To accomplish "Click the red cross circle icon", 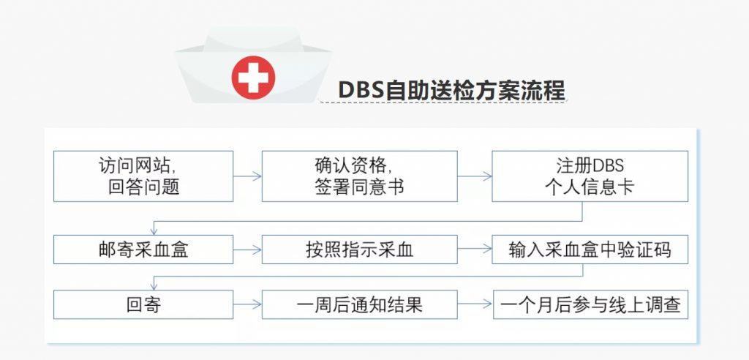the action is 253,78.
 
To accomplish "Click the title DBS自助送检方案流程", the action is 452,90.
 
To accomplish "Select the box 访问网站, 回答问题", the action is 143,176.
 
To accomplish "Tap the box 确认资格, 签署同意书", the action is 360,176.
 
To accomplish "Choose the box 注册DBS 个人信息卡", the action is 590,176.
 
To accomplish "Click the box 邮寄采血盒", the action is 143,250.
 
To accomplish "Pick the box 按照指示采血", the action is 360,250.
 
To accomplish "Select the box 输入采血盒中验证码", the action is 590,250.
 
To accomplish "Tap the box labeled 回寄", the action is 143,304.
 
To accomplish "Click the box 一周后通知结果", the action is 360,304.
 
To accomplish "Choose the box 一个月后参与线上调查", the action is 590,304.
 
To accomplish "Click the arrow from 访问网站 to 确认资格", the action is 247,176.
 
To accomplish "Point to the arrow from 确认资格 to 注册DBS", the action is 475,176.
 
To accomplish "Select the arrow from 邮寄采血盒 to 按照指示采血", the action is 247,250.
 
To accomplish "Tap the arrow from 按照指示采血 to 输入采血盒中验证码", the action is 475,250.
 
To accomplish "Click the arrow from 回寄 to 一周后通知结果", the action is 247,304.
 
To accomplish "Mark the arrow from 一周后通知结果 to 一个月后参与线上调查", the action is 475,304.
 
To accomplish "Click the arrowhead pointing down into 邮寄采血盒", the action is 154,230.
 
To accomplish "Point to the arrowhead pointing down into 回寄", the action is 154,285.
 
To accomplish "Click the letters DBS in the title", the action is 361,90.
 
